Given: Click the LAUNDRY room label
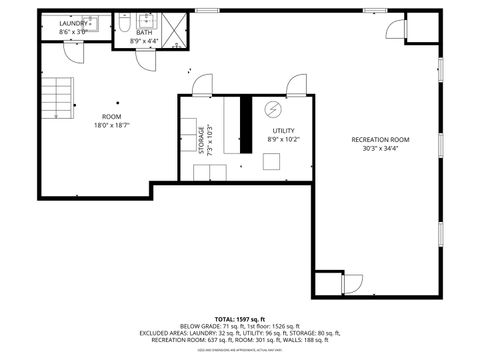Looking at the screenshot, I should tap(72, 23).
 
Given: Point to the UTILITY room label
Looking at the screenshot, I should tap(283, 131).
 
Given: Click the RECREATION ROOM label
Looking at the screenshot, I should tap(381, 139).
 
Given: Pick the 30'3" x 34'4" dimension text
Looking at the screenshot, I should tap(381, 148).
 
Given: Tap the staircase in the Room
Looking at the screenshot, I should tap(61, 98).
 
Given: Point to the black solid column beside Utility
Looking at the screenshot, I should tap(244, 125).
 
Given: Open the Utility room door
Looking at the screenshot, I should tap(297, 86).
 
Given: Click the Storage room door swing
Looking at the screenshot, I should tap(203, 86).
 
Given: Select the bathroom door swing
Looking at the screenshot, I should tap(146, 60).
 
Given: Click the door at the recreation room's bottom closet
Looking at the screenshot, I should tap(351, 283).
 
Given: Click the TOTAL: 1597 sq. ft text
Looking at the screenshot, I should tap(240, 317).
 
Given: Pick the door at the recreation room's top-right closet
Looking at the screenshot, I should tap(395, 29).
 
